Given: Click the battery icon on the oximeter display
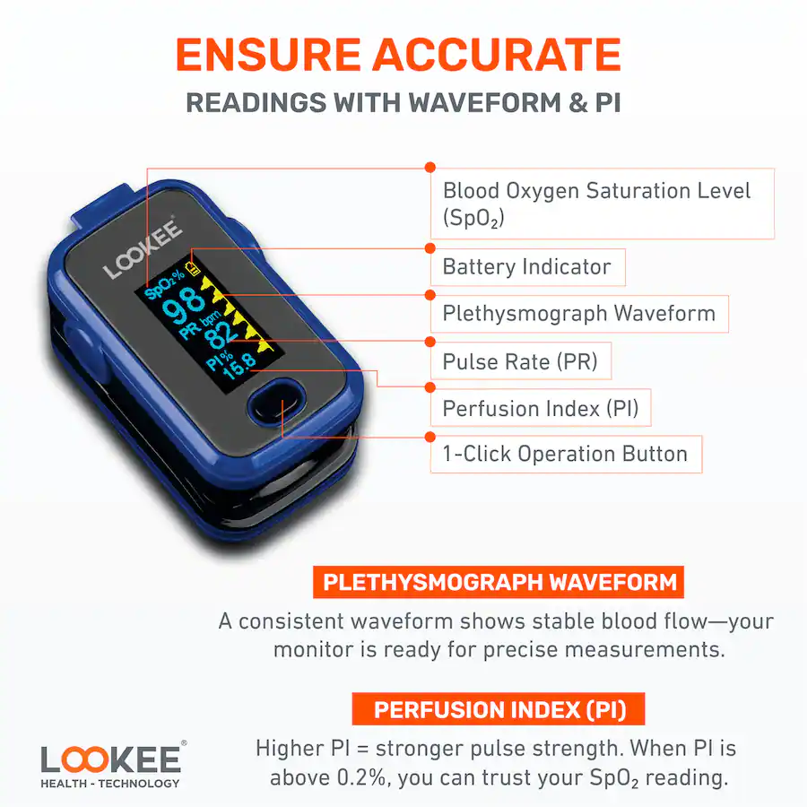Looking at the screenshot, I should [x=193, y=268].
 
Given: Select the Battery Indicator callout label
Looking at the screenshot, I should [x=527, y=267].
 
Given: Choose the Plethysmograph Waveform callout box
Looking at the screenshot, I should [x=579, y=314].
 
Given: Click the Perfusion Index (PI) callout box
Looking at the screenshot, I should [x=540, y=409].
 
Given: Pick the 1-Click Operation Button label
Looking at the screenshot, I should [x=565, y=455].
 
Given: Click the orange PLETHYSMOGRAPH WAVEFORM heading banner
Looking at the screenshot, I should [x=499, y=582].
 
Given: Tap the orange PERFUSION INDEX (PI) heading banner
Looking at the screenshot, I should [x=499, y=710].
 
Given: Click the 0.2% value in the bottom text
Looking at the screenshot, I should [x=363, y=777].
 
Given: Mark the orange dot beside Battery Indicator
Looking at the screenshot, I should [x=430, y=249].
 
